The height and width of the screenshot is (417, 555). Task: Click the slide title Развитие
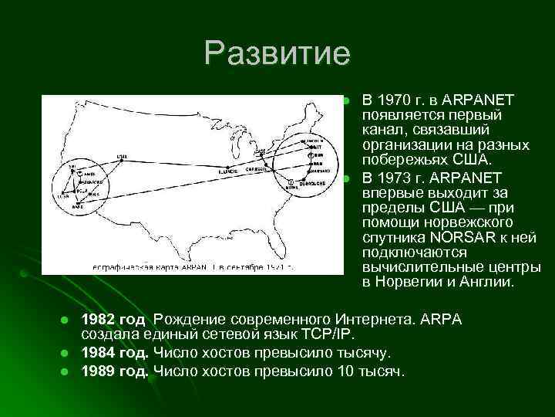[x=277, y=53]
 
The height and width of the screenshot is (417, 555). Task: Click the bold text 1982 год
[x=113, y=320]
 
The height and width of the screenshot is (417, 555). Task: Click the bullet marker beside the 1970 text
[x=347, y=101]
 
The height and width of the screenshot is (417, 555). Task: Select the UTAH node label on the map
[x=123, y=156]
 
